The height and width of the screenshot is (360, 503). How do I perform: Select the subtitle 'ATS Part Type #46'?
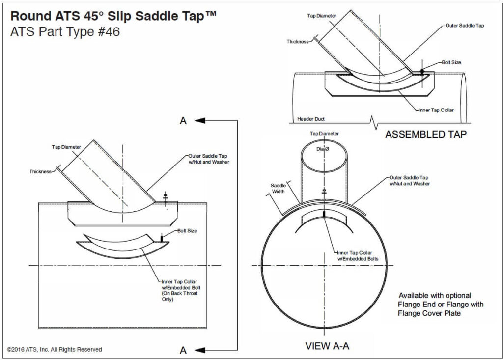coord(64,32)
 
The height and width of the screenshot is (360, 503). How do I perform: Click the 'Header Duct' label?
coord(311,119)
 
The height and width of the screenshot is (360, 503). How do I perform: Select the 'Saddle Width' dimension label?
coord(278,189)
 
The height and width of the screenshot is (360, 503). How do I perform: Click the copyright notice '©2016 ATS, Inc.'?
coord(55,349)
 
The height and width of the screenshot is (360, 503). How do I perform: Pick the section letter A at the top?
coord(183,120)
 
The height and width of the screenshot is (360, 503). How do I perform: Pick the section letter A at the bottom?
coord(183,350)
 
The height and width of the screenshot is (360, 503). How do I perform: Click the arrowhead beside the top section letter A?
coord(199,120)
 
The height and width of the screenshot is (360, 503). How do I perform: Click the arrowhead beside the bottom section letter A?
coord(199,349)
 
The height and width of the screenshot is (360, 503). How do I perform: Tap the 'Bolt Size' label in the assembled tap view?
coord(451,62)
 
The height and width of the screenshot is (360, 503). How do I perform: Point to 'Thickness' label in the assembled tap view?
coord(298,42)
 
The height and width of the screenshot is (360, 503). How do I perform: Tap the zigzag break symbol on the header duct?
coord(374,119)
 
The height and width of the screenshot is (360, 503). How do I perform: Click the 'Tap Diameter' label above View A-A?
coord(324,134)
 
